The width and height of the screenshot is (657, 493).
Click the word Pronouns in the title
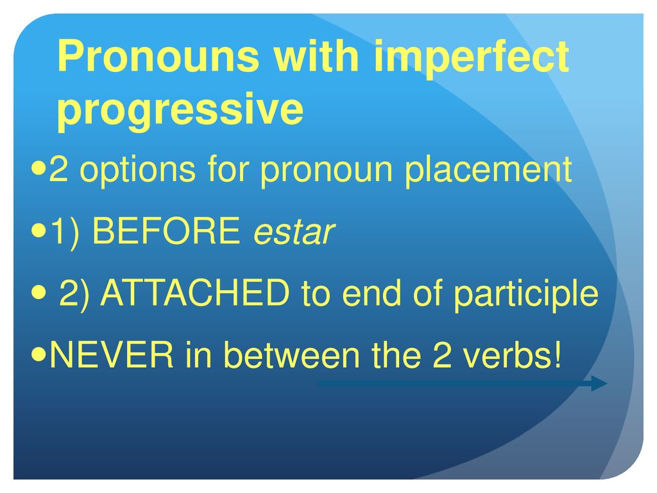158,55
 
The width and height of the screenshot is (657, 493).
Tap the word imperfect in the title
471,58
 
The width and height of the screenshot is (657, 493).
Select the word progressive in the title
180,110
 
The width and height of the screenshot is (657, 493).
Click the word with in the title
316,55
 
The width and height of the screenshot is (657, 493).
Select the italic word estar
294,232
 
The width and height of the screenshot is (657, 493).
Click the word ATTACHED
195,293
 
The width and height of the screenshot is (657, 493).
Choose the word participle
526,294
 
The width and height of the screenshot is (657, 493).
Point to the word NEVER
112,354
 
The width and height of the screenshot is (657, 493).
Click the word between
292,354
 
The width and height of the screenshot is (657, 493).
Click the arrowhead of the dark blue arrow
599,383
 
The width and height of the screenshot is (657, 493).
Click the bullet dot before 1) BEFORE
38,231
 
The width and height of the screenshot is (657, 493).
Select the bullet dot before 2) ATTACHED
38,293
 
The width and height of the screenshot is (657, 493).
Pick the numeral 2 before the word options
58,169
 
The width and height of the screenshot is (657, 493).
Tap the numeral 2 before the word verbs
442,354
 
